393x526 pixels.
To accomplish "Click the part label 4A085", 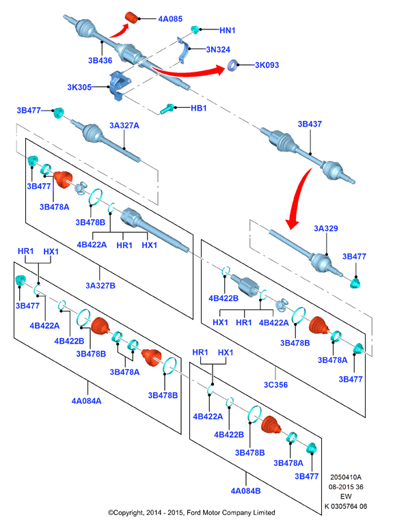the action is click(170, 19).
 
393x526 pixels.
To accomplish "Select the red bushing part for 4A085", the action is click(131, 18).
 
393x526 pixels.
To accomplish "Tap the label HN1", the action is click(227, 30).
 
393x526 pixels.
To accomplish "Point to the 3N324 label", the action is click(218, 50).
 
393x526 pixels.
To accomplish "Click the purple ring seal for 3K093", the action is click(233, 65).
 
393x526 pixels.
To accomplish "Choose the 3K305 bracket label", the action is click(79, 87).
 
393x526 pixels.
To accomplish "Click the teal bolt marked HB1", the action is click(167, 109).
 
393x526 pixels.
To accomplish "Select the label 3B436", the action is click(100, 60).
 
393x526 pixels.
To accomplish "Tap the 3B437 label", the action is click(310, 124).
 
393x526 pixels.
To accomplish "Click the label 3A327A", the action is click(124, 126).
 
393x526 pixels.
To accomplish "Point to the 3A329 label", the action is click(326, 228).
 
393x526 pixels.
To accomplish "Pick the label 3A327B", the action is click(100, 286).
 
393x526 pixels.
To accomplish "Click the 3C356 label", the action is click(276, 385).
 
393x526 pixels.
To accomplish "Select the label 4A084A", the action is click(87, 401).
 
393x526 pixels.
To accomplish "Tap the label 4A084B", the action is click(245, 491).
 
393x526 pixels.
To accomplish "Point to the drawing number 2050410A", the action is click(346, 477).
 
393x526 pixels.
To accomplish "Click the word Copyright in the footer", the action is click(129, 512).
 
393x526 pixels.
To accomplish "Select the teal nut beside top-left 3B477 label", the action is click(59, 113).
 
